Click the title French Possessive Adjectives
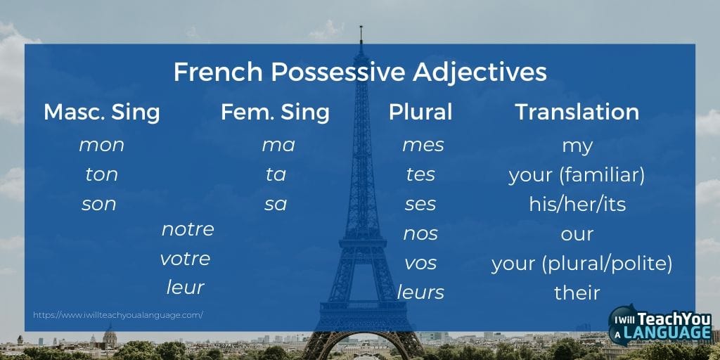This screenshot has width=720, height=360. (x=360, y=72)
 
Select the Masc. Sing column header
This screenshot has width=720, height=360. (x=102, y=112)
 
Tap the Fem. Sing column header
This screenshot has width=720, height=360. (x=275, y=112)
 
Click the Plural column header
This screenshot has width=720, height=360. (x=420, y=112)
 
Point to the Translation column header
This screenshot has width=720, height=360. (x=577, y=112)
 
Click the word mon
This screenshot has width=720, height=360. (x=101, y=146)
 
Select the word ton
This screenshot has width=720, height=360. (x=101, y=175)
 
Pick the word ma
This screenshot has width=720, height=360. (x=278, y=146)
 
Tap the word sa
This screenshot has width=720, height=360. (x=276, y=205)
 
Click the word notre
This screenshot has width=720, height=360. (x=188, y=229)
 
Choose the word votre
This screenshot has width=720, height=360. (x=185, y=259)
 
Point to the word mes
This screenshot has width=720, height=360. (x=423, y=146)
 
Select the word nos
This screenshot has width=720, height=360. (x=420, y=234)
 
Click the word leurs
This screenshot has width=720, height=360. (x=420, y=292)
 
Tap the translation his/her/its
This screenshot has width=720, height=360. (x=577, y=205)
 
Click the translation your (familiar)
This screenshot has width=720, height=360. (x=577, y=175)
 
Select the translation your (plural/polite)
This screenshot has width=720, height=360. (x=581, y=264)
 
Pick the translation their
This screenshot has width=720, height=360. (x=577, y=292)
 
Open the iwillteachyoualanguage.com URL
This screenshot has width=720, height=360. (x=118, y=315)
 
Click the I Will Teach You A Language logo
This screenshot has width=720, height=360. (x=660, y=326)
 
